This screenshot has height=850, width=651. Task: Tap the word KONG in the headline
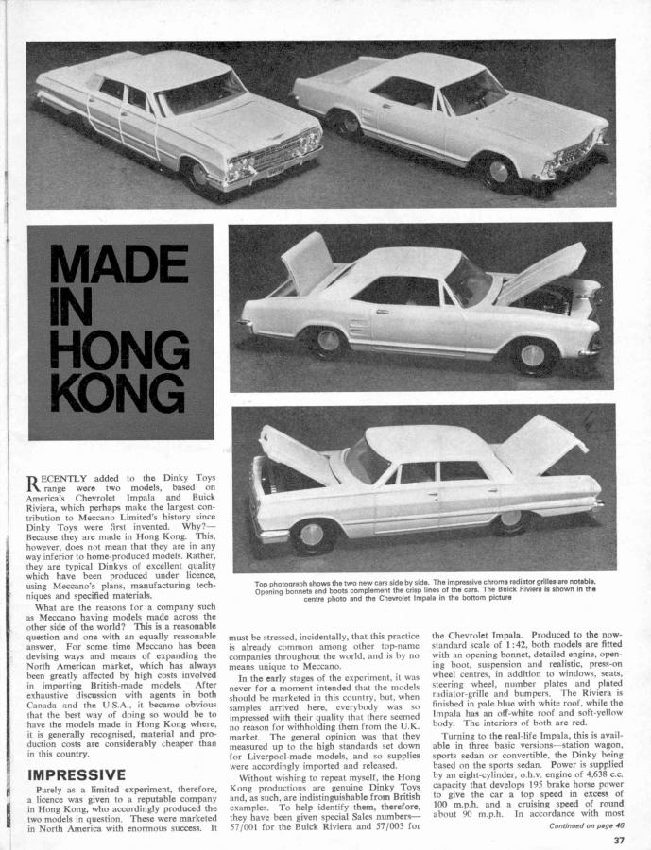click(119, 396)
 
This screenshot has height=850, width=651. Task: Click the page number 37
click(617, 839)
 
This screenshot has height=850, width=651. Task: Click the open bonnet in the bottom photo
click(293, 452)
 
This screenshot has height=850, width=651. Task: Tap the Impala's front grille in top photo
click(280, 155)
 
